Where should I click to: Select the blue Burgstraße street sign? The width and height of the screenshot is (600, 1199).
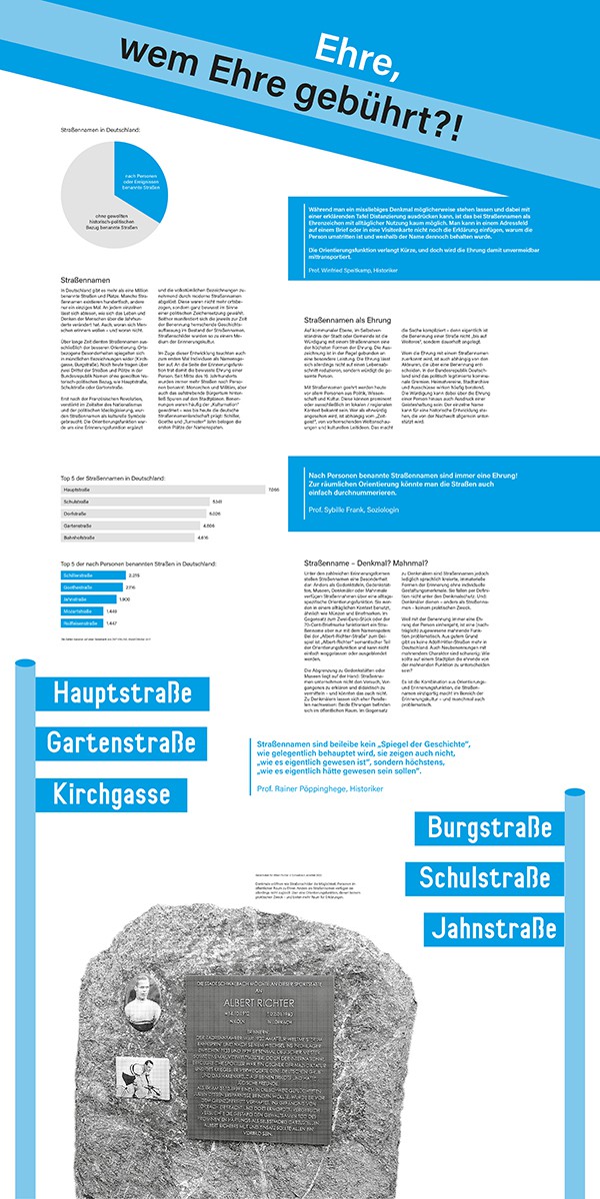coord(489,828)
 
